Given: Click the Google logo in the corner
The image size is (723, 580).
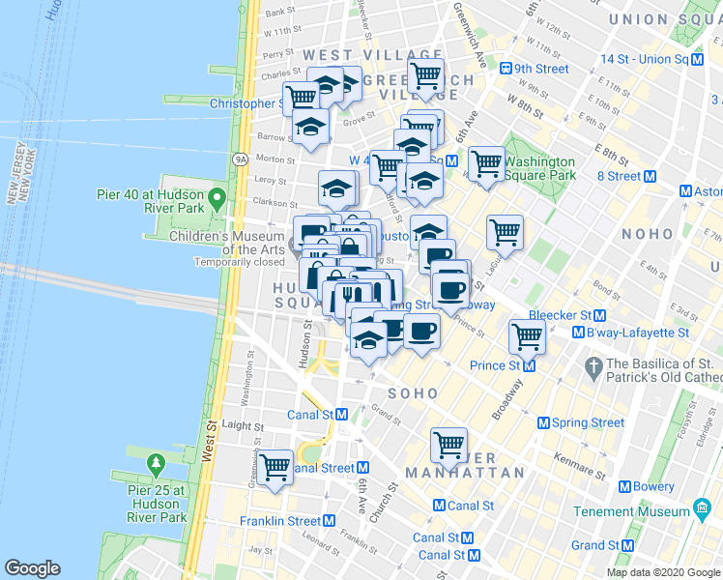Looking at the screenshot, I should (33, 568).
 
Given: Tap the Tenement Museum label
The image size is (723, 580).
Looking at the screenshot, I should (632, 511).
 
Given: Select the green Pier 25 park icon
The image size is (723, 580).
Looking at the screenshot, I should (156, 467).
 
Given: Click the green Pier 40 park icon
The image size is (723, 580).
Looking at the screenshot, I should (217, 201).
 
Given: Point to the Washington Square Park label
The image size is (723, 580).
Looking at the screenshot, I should (539, 168).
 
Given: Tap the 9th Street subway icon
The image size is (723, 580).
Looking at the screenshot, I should (505, 69).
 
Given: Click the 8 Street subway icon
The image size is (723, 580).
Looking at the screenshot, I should (650, 176).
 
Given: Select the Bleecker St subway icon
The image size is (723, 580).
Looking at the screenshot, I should (599, 315).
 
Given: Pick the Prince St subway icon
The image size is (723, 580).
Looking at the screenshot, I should (529, 365).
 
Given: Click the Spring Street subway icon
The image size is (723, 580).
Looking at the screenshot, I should (543, 422).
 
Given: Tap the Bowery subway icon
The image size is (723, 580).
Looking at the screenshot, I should (625, 486).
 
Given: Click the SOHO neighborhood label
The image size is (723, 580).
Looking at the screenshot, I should (413, 393).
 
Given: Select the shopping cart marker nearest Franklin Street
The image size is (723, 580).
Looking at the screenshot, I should (275, 468).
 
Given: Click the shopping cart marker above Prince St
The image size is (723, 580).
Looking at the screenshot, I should (527, 335).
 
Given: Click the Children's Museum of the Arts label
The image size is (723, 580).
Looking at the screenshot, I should (228, 243).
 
